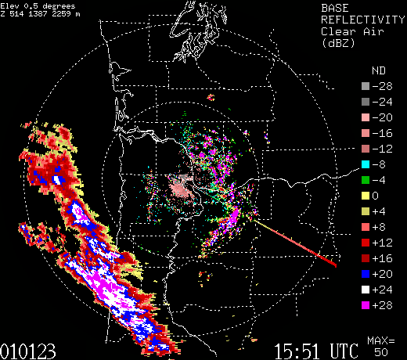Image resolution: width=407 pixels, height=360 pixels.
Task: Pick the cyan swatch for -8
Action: [364, 163]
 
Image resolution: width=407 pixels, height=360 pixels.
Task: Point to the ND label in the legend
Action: [378, 69]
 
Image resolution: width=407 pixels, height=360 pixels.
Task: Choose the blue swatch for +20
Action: [364, 272]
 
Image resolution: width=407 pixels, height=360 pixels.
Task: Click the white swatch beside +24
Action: [364, 288]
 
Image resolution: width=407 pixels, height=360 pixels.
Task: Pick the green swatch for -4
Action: [364, 178]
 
